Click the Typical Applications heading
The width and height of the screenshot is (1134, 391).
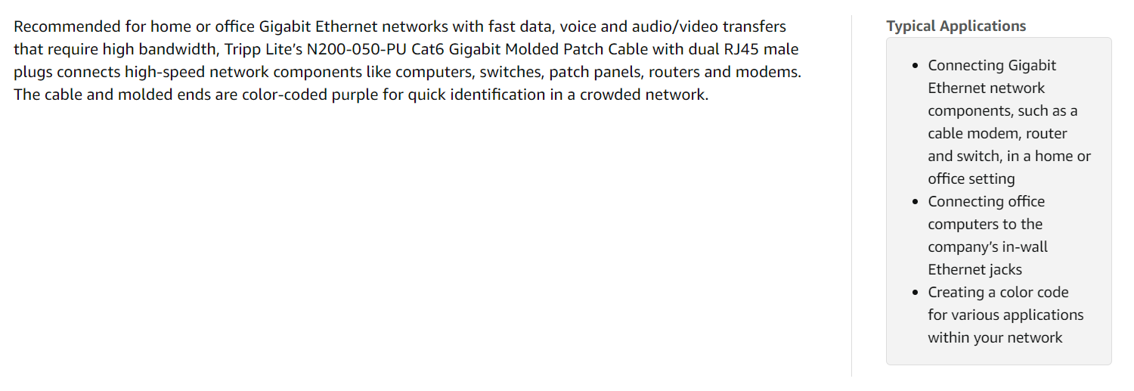[956, 26]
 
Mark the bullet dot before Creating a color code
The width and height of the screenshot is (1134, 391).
[916, 293]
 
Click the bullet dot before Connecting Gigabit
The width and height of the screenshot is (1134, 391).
[916, 66]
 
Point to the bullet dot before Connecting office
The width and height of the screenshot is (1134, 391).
[916, 202]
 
